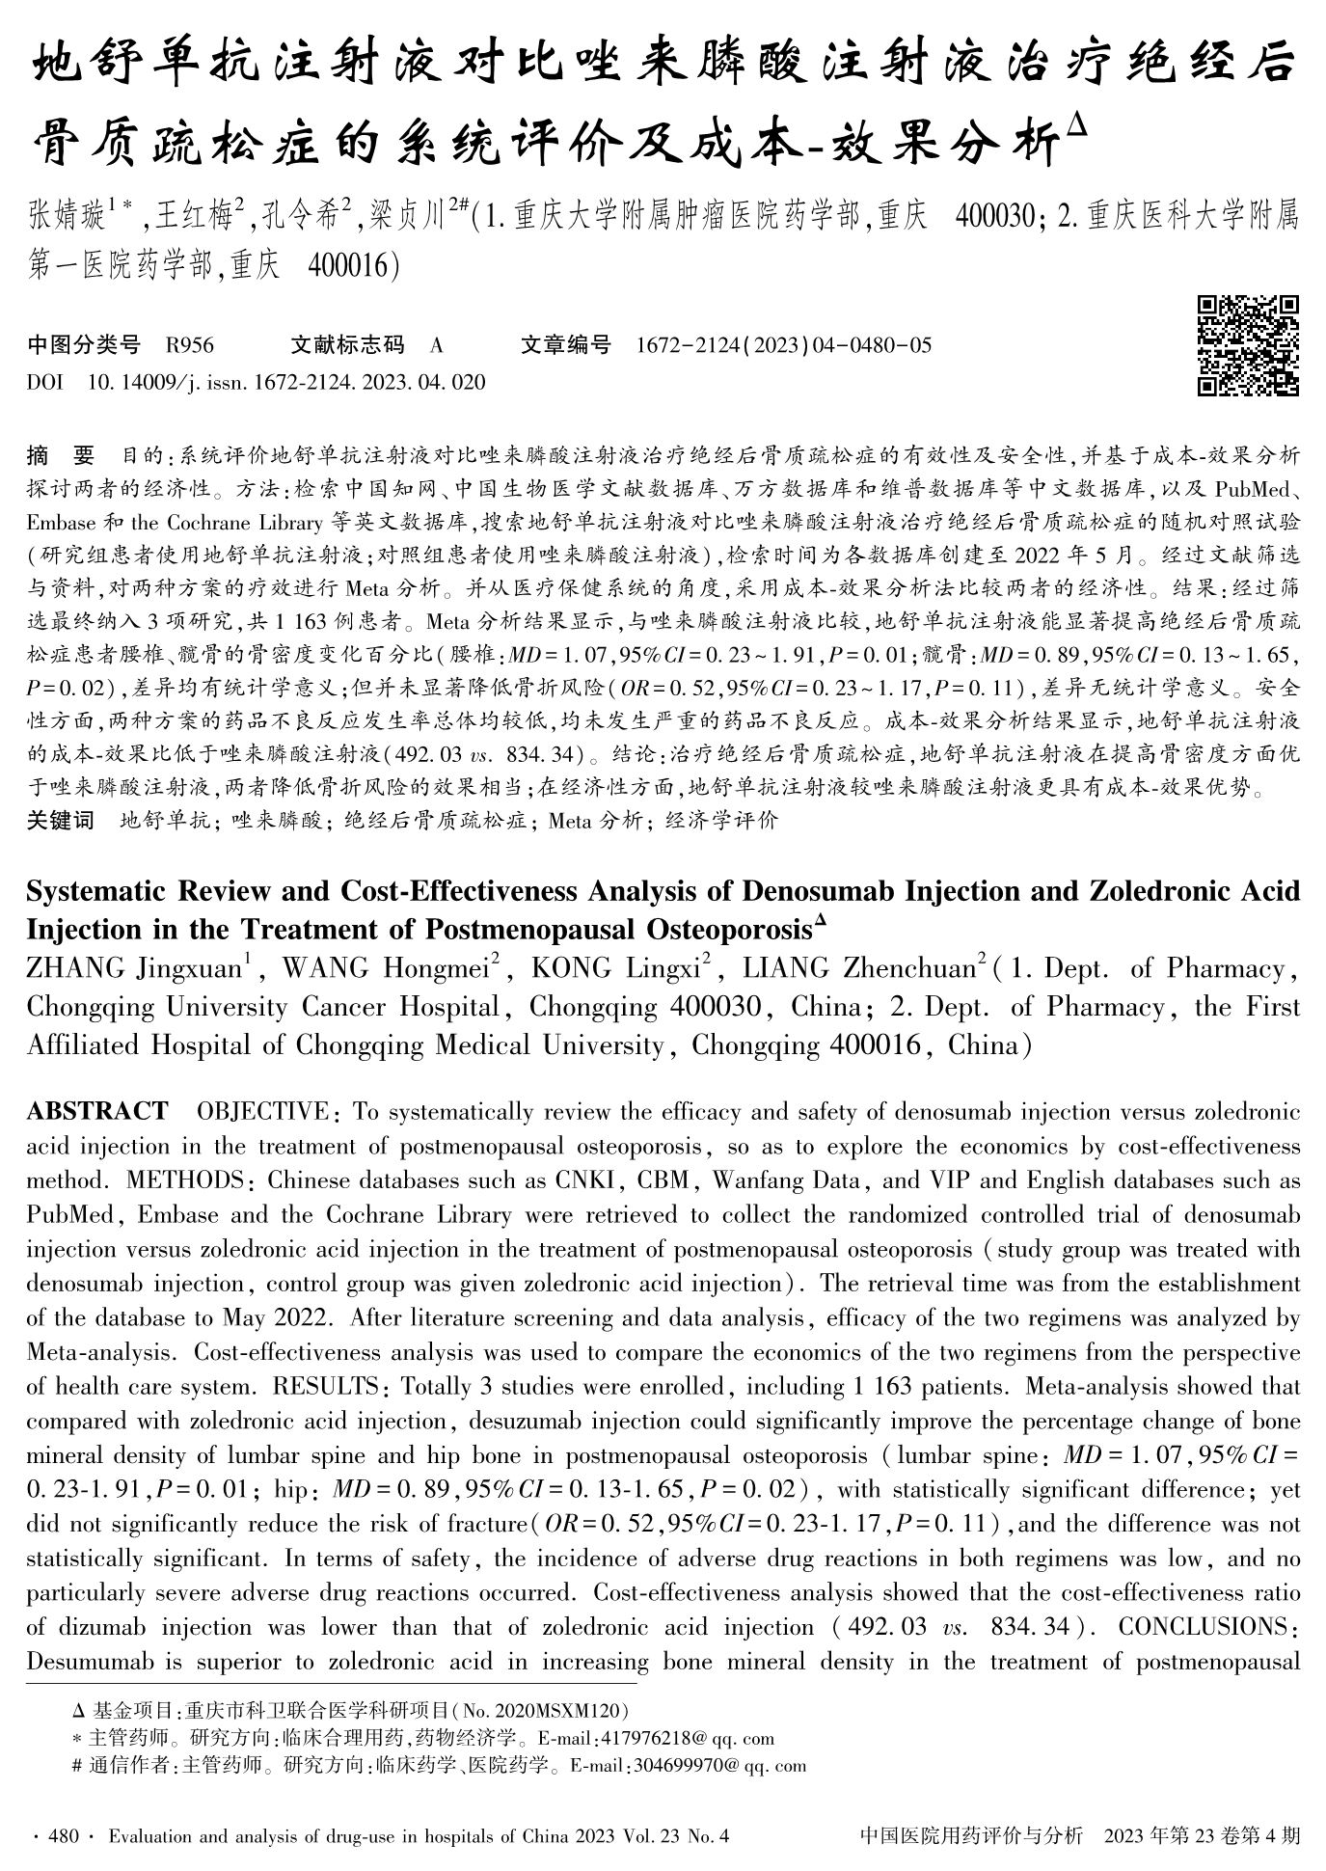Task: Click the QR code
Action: click(x=1248, y=345)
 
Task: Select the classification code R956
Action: click(x=190, y=345)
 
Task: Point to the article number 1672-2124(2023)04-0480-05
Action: click(x=784, y=345)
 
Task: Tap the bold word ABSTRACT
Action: click(x=97, y=1112)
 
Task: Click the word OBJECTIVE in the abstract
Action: click(x=262, y=1112)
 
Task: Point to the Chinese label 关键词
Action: click(x=60, y=821)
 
